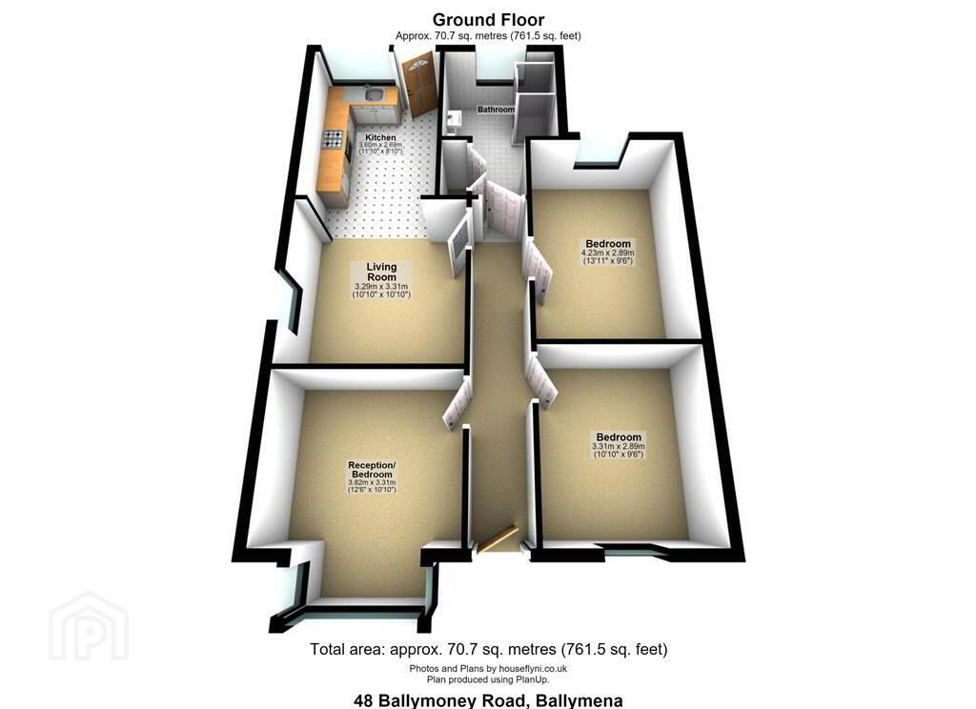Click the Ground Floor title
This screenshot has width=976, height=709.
coord(488,20)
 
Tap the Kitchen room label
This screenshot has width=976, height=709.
coord(380,137)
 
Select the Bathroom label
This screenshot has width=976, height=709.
coord(496,110)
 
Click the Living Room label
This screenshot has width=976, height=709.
coord(381,272)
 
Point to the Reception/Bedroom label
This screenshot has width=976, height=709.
coord(372,470)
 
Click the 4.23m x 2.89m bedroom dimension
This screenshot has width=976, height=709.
coord(607,253)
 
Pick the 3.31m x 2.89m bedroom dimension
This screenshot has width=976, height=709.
coord(618,446)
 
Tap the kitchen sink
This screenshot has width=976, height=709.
coord(374,94)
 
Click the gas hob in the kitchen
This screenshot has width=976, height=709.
coord(333,137)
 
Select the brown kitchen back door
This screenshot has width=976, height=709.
coord(418,85)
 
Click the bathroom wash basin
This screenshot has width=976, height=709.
coord(454,118)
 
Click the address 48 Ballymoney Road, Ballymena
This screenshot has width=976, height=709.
coord(488,700)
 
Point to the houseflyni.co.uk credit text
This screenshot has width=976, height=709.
coord(488,669)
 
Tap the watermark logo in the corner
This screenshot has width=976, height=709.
coord(89,626)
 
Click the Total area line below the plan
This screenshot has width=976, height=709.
coord(489,650)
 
